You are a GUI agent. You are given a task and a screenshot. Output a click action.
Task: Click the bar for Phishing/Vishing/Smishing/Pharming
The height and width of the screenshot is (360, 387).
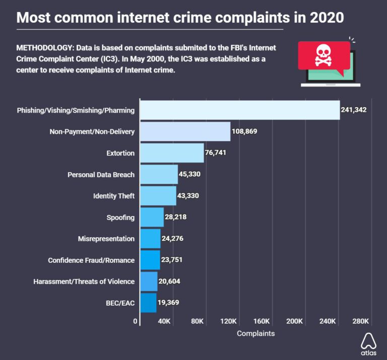[x=240, y=110]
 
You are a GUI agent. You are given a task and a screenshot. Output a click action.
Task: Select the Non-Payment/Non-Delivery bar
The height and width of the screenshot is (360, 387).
[x=185, y=131]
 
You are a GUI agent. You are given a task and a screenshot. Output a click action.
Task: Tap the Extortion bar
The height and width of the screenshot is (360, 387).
[x=172, y=153]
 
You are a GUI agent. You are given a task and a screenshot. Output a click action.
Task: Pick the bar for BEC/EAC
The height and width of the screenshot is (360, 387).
[x=148, y=303]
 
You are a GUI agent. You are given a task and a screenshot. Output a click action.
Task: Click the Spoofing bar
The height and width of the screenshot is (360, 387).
[x=152, y=217]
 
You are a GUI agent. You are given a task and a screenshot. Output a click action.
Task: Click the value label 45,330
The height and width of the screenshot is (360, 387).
[x=192, y=174]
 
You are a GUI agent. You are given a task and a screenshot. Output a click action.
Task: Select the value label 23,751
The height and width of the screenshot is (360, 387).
[x=175, y=260]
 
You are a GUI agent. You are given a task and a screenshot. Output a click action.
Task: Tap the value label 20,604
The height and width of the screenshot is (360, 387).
[x=172, y=281]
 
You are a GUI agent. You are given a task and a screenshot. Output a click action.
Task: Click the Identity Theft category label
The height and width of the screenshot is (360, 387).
[x=114, y=196]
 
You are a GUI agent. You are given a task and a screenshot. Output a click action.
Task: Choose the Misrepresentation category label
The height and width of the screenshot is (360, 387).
[x=106, y=239]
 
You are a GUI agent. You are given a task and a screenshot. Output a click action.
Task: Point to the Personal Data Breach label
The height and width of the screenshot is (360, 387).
[x=101, y=175]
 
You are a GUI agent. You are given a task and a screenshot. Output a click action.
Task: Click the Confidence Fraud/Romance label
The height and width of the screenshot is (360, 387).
[x=91, y=260]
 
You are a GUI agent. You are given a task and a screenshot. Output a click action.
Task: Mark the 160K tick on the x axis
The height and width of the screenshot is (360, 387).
[x=262, y=321]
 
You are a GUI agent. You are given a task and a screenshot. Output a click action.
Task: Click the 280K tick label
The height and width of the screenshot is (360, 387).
[x=361, y=321]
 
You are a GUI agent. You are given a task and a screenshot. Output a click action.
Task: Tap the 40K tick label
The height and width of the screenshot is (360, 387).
[x=164, y=321]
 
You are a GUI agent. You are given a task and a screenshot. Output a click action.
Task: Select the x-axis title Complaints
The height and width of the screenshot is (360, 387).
[x=255, y=333]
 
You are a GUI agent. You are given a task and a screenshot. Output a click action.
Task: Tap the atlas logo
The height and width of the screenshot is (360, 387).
[x=368, y=344]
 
